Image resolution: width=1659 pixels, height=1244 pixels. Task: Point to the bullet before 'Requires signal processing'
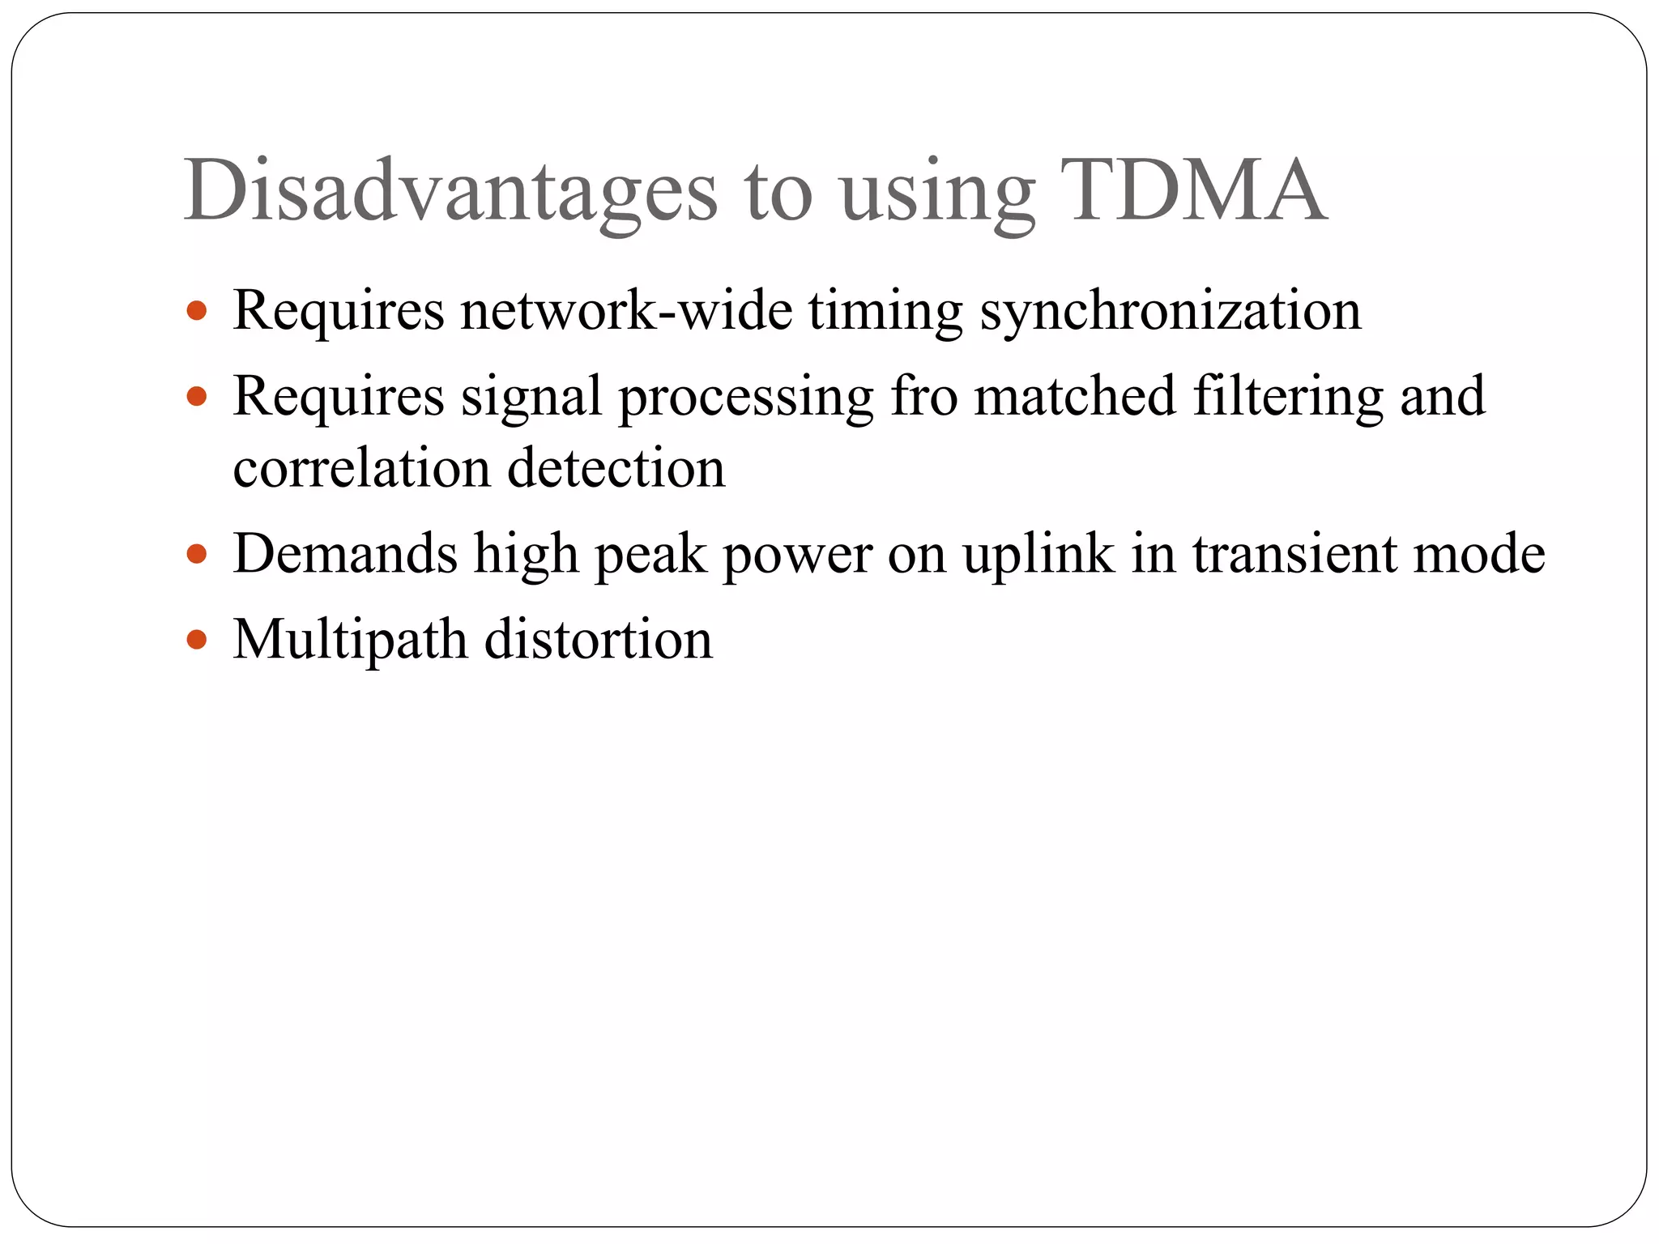pos(197,396)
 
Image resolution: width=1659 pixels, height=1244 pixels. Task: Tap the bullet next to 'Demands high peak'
pos(197,554)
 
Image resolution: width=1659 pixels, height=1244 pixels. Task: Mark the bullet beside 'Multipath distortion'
pos(197,640)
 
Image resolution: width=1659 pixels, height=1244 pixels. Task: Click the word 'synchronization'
pos(1171,311)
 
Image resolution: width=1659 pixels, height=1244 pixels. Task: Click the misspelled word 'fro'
pos(924,396)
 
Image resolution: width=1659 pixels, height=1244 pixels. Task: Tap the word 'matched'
pos(1074,396)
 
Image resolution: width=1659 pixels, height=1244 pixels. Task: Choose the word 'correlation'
pos(361,468)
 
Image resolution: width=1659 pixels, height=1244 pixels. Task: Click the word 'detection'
pos(616,468)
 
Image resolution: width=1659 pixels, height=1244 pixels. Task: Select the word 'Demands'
pos(346,554)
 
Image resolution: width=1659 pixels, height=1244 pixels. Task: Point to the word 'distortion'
pos(599,640)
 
